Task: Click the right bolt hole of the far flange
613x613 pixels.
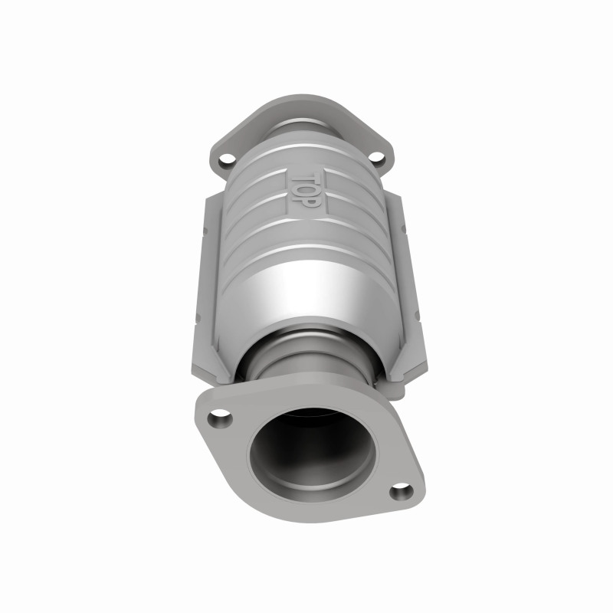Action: pos(376,159)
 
